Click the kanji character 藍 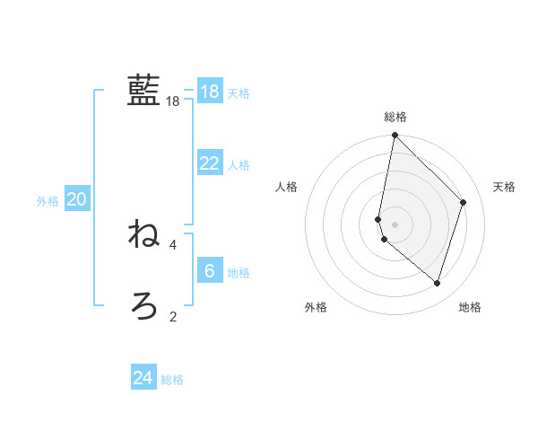coord(143,90)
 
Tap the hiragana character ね coord(143,234)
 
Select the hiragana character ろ coord(143,305)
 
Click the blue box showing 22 coord(210,163)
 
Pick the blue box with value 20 coord(76,199)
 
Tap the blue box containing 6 coord(210,270)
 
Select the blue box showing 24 coord(143,378)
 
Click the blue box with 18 coord(210,91)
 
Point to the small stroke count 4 coord(173,244)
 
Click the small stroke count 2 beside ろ coord(173,316)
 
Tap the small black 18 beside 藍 coord(173,101)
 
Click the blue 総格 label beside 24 coord(172,380)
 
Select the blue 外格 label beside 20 coord(48,201)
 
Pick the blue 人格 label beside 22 coord(239,165)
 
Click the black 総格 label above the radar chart coord(395,117)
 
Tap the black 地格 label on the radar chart coord(470,307)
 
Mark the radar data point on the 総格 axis coord(395,136)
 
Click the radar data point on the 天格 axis coord(464,202)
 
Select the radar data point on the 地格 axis coord(438,283)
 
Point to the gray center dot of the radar coord(395,224)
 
